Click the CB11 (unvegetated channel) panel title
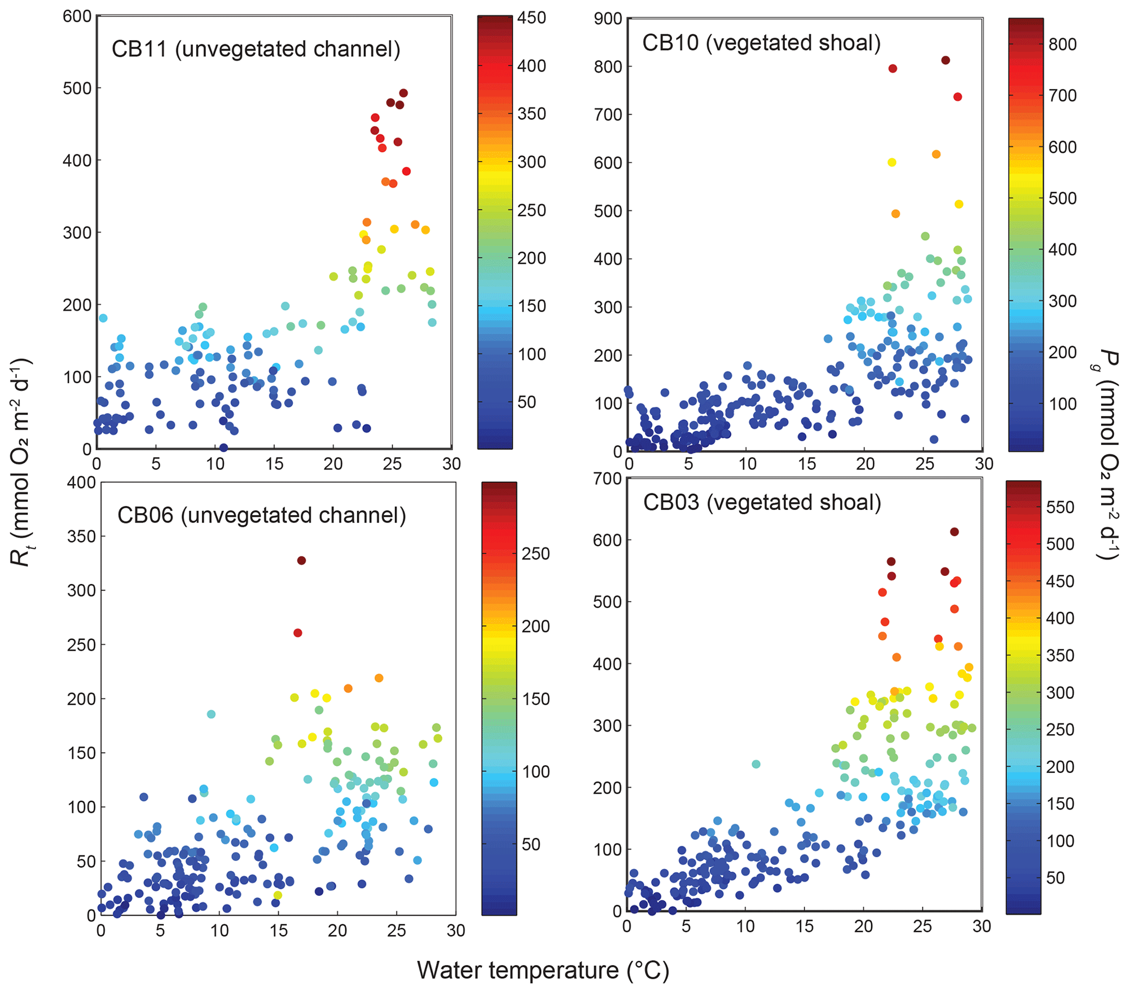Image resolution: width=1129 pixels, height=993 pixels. click(256, 49)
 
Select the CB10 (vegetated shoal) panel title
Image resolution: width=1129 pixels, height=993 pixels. click(761, 43)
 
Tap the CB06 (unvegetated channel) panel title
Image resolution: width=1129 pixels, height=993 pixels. click(261, 515)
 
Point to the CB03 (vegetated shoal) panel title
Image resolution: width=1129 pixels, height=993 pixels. click(762, 502)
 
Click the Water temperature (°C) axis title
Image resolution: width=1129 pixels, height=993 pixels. click(542, 971)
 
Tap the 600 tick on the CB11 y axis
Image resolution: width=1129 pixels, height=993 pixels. click(77, 16)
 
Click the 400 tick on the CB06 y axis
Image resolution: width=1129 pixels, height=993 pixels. click(81, 483)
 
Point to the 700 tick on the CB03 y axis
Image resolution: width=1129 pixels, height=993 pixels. click(607, 479)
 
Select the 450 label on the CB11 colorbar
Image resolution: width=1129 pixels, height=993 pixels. click(531, 17)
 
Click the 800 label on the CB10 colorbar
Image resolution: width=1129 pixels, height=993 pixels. click(1063, 44)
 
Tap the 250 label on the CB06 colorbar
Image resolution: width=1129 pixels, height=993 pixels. click(536, 554)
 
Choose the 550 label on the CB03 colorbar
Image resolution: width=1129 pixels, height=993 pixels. click(1060, 507)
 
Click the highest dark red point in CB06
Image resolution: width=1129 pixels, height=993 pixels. click(301, 560)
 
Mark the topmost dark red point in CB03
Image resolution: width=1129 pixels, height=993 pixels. click(954, 532)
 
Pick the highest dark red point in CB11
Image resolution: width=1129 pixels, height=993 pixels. click(403, 93)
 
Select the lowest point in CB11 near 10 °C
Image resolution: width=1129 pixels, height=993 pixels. click(223, 447)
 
